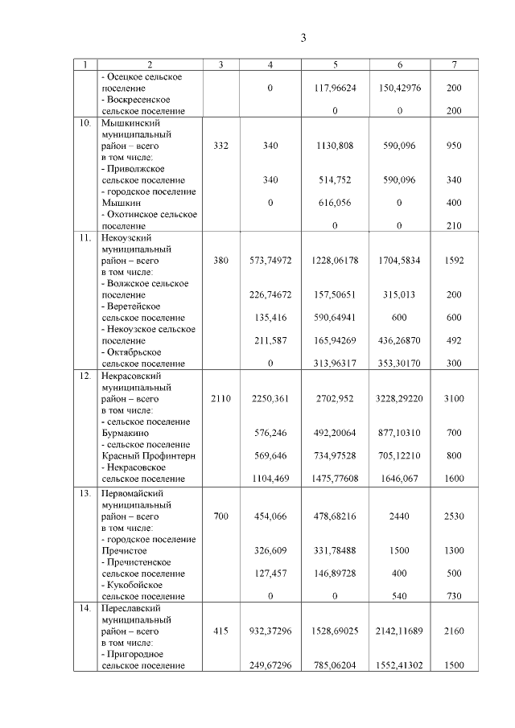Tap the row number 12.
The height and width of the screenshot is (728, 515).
[84, 376]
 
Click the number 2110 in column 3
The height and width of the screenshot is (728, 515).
[220, 398]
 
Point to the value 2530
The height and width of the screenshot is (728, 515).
[454, 516]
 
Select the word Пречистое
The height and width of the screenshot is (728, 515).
[124, 550]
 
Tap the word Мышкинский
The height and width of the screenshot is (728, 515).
[130, 124]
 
